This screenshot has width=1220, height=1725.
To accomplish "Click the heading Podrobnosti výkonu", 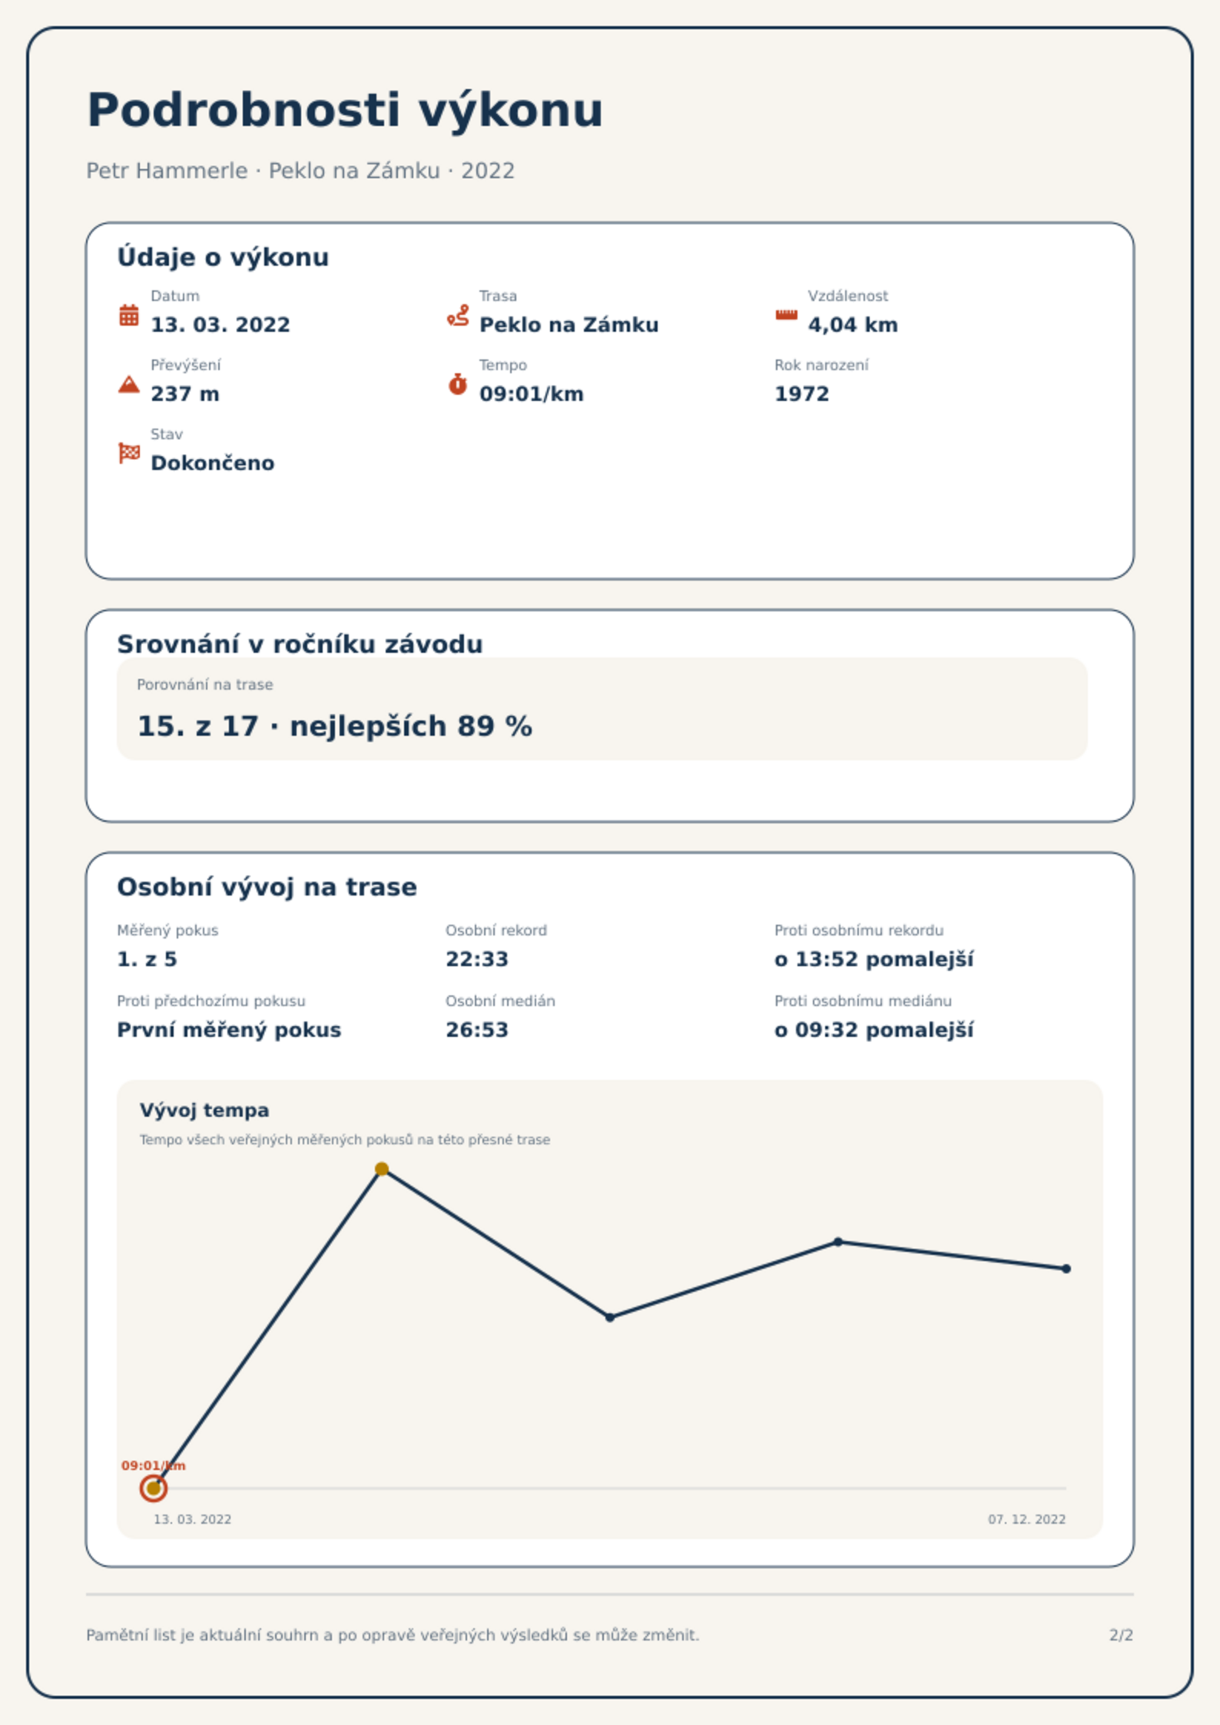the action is tap(345, 111).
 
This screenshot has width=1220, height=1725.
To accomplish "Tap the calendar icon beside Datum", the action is tap(129, 315).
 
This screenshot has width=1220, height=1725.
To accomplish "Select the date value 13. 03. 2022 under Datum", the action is tap(220, 325).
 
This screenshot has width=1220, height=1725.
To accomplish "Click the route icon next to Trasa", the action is tap(458, 315).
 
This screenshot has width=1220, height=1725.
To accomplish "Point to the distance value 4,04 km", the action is tap(853, 325).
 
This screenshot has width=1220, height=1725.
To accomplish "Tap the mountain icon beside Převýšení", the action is tap(129, 384).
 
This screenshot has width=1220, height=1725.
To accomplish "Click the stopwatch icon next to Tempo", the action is tap(458, 384).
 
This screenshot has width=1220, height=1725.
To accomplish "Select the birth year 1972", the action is tap(802, 394).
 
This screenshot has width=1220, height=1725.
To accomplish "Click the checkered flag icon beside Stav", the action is tap(129, 453).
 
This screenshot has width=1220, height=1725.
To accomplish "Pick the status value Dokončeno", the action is tap(213, 463).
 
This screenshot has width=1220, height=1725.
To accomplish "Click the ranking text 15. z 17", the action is tap(197, 726).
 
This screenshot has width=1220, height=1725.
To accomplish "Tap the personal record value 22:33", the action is tap(477, 959).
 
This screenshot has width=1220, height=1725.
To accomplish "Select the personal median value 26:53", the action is tap(477, 1030).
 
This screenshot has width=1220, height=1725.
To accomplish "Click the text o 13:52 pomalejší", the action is tap(874, 959).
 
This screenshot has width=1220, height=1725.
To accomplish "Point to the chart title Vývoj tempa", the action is tap(204, 1110).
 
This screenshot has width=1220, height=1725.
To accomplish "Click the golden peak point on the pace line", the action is tap(382, 1169).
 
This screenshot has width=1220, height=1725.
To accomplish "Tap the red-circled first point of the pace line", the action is tap(154, 1488).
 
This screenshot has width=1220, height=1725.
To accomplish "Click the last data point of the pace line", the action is tap(1066, 1269).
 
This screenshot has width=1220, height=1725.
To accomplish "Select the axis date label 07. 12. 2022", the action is tap(1027, 1519).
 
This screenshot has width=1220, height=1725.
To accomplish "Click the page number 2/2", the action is tap(1121, 1635).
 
